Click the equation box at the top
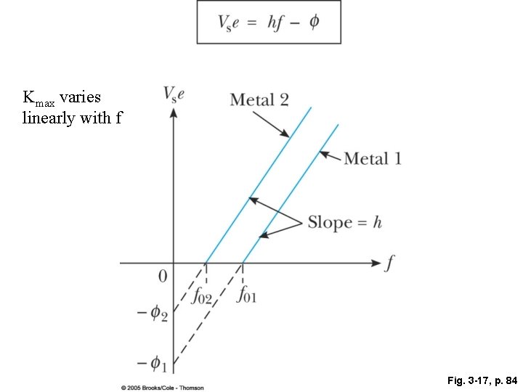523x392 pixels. tap(268, 23)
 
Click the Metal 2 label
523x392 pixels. tap(259, 99)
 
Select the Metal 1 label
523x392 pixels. tap(373, 158)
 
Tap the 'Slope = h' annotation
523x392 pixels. tap(344, 222)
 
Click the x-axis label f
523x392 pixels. tap(390, 263)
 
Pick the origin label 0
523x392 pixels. tap(163, 276)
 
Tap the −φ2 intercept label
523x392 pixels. tap(153, 315)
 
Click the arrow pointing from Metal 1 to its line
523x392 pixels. tap(331, 155)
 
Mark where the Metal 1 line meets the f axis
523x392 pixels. tap(242, 263)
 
